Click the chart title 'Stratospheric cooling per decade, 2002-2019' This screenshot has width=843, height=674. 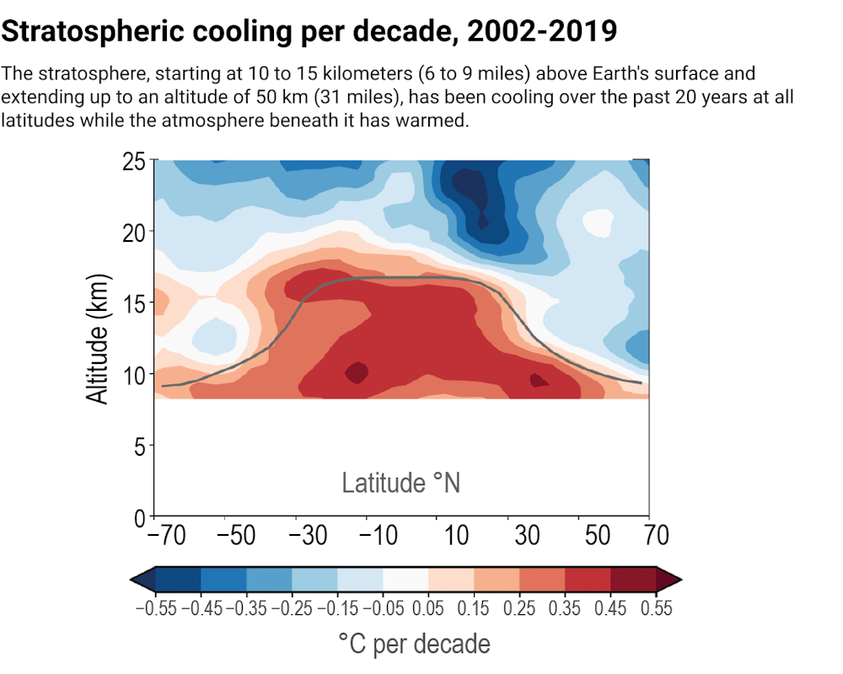pyautogui.click(x=309, y=32)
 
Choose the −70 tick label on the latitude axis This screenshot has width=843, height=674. pyautogui.click(x=165, y=536)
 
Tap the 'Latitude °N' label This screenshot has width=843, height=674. pyautogui.click(x=401, y=483)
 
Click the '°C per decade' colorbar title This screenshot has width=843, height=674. pyautogui.click(x=414, y=645)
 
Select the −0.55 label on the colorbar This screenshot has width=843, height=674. pyautogui.click(x=156, y=607)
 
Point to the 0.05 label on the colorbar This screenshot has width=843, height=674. pyautogui.click(x=429, y=607)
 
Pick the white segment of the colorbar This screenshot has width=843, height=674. pyautogui.click(x=405, y=580)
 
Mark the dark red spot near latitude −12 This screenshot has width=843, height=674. pyautogui.click(x=357, y=372)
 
